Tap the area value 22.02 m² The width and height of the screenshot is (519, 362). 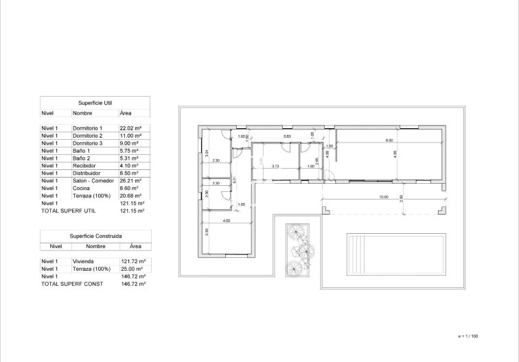130,128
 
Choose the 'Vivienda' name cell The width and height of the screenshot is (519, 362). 83,261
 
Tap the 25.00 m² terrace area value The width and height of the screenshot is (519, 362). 131,268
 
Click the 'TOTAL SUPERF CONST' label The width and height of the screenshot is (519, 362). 68,283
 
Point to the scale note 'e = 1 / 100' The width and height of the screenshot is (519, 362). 470,336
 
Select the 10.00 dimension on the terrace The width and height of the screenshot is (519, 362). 383,197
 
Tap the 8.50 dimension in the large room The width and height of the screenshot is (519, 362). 389,141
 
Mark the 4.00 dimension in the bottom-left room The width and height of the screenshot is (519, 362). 226,221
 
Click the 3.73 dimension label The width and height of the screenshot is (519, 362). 275,166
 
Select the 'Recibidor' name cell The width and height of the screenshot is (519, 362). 85,166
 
